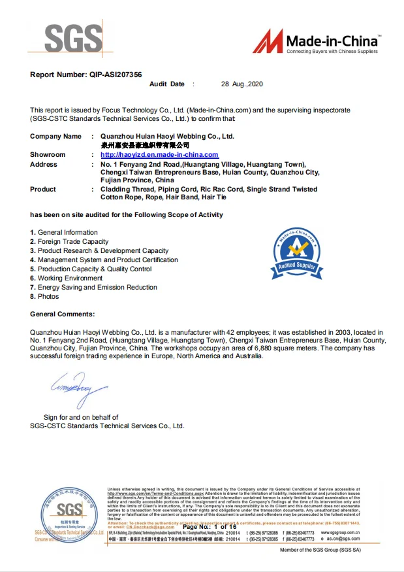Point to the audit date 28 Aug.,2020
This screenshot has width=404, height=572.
pyautogui.click(x=242, y=84)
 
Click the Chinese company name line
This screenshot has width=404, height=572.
pyautogui.click(x=145, y=144)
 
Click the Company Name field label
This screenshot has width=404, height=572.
pyautogui.click(x=55, y=136)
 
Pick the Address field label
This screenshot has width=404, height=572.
pyautogui.click(x=44, y=164)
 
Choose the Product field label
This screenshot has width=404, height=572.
pyautogui.click(x=43, y=189)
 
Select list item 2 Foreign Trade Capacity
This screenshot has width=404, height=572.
pyautogui.click(x=69, y=241)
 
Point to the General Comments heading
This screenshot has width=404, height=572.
pyautogui.click(x=62, y=314)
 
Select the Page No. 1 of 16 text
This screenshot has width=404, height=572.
pyautogui.click(x=205, y=526)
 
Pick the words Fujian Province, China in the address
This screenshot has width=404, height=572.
pyautogui.click(x=137, y=179)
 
